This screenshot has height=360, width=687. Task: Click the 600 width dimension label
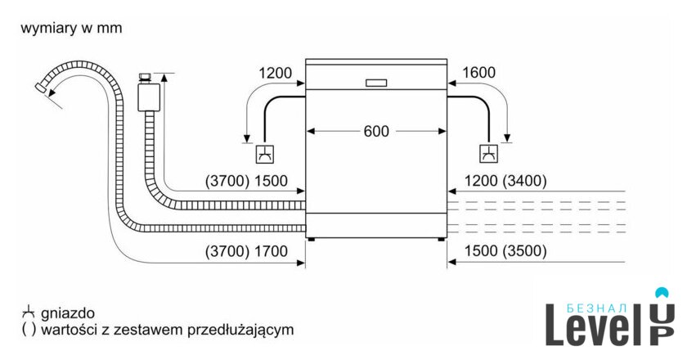(376, 131)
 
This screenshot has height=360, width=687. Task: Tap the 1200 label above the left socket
(276, 73)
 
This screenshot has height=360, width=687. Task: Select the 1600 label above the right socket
(478, 73)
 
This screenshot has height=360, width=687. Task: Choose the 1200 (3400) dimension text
(505, 181)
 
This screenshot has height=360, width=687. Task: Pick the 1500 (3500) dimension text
(505, 252)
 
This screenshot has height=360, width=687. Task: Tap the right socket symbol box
(488, 153)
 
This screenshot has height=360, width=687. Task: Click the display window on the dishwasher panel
(376, 83)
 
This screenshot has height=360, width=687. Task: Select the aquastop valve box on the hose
(148, 95)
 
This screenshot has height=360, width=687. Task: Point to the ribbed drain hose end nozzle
(42, 88)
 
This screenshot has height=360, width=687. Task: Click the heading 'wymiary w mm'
(71, 29)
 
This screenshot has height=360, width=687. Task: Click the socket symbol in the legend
(29, 313)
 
